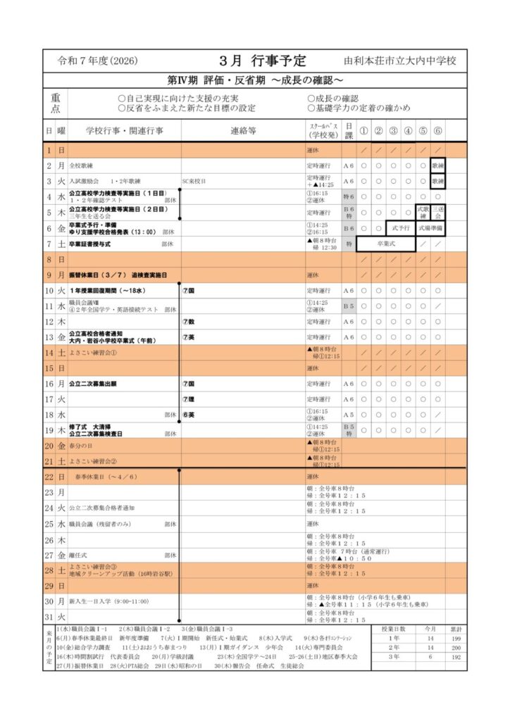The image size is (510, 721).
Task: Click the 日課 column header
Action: point(348,130)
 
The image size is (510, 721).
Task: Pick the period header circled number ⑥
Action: point(438,130)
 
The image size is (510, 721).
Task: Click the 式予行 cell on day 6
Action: point(400,228)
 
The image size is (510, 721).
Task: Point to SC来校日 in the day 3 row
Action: point(194,181)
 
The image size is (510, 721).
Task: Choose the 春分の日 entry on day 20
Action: point(82,446)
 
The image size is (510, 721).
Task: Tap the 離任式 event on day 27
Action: point(79,555)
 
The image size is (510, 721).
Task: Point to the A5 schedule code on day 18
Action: point(348,415)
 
